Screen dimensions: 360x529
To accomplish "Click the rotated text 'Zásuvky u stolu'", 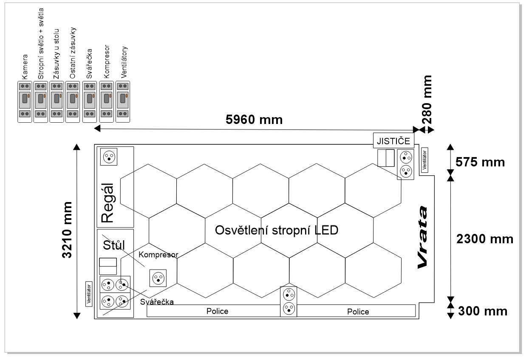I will coord(56,54).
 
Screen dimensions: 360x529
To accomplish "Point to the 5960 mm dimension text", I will coord(254,120).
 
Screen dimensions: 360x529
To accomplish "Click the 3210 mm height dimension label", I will coord(67,230).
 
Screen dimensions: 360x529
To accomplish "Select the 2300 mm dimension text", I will coord(484,239).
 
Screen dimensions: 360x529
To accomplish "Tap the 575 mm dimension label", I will coord(480,162).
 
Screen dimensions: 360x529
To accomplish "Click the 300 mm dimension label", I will coord(483,311).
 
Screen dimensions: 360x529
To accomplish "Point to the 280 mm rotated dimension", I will coord(427,99).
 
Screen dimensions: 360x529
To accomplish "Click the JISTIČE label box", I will coord(393,141).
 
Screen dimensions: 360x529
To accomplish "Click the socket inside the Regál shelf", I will coord(109,157).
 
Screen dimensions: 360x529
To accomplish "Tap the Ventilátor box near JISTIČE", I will coord(424,160).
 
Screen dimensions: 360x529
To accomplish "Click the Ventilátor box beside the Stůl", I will coord(89,293).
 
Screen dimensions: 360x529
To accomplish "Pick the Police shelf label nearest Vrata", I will coord(358,312).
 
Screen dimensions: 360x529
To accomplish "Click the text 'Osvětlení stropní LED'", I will coord(277,230).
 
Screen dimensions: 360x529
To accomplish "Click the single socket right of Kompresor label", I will coord(157,278).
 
